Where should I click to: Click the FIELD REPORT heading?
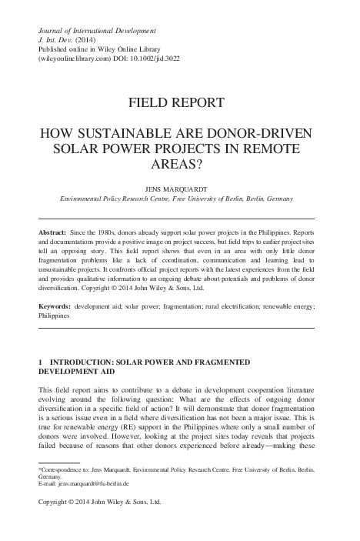coord(179,102)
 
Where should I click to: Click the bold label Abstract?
coord(54,232)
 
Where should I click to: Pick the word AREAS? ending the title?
coord(179,163)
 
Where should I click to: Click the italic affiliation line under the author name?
coord(179,196)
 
